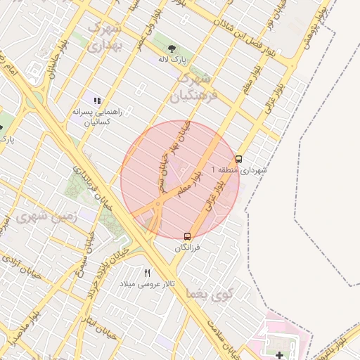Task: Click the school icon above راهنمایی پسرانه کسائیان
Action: [x=98, y=101]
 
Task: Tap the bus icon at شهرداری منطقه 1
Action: [x=239, y=159]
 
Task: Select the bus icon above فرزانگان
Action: [x=187, y=236]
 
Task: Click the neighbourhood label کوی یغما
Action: [x=207, y=292]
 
